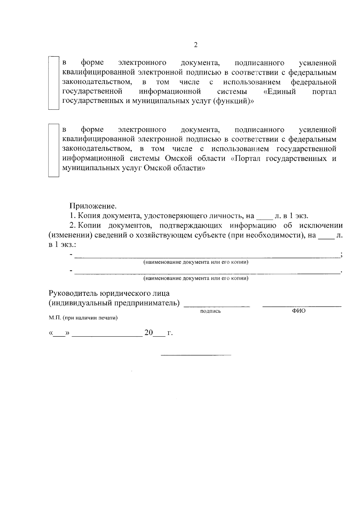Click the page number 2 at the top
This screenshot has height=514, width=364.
tap(196, 45)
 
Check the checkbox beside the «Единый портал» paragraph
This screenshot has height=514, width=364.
tap(54, 82)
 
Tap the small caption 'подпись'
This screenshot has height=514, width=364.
tap(211, 311)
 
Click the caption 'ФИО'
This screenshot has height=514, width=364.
tap(299, 311)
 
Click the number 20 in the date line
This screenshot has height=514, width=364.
tap(149, 333)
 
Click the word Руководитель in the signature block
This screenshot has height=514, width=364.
tap(72, 293)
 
